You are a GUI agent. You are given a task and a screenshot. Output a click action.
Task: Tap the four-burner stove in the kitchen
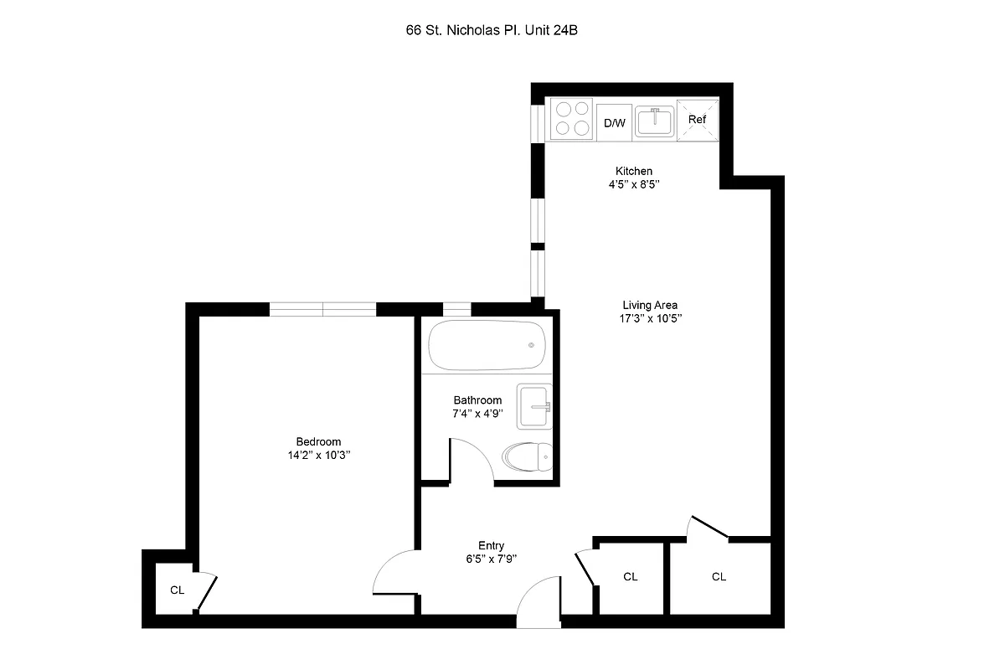point(571,118)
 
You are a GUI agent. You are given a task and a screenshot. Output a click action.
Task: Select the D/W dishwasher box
point(614,122)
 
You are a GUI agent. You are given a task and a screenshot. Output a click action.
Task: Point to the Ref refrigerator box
point(697,120)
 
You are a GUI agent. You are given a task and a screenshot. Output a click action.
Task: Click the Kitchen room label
point(633,171)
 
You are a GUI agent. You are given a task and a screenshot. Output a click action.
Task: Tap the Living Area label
point(650,305)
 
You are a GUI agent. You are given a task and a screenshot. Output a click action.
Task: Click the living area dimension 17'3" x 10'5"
point(650,318)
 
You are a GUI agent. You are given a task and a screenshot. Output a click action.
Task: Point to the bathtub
point(487,345)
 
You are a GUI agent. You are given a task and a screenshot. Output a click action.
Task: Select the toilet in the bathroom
point(527,457)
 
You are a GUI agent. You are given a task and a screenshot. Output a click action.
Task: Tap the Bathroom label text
point(477,400)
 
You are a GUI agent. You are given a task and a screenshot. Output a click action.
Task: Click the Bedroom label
point(318,442)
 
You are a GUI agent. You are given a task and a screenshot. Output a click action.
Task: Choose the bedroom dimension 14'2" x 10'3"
point(318,456)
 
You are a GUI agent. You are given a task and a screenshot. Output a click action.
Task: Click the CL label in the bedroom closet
point(177,590)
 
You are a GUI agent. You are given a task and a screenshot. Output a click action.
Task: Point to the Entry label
point(491,545)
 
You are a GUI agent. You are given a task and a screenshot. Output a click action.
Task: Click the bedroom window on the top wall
point(322,309)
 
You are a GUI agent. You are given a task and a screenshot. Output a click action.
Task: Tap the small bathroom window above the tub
point(456,309)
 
